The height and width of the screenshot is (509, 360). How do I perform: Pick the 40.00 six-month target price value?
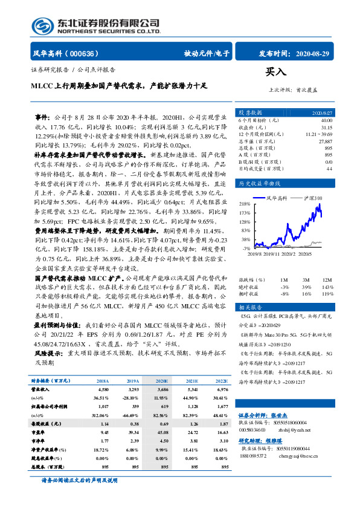[x=327, y=120]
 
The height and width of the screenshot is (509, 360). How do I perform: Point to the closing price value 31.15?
[x=327, y=127]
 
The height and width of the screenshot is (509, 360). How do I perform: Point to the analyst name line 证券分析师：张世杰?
[x=260, y=415]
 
